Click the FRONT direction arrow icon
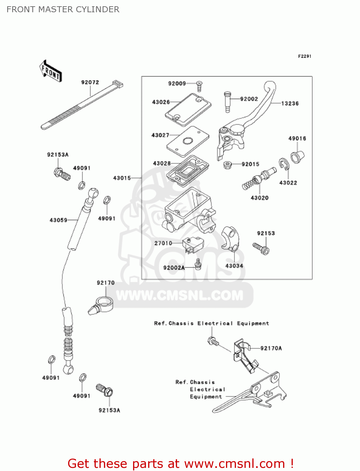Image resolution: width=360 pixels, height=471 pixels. point(51,71)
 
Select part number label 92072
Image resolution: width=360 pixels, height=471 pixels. point(90,82)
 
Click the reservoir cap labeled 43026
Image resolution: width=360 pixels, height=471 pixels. point(188,109)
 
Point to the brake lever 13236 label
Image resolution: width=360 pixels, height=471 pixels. point(290,103)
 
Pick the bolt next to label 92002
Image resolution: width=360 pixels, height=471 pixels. point(228,101)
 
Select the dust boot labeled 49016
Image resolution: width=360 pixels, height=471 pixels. point(297,156)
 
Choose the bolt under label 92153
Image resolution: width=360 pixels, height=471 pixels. point(261,249)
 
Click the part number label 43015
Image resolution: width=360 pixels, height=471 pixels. point(122,178)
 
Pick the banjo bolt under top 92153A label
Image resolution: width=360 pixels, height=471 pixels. point(62,174)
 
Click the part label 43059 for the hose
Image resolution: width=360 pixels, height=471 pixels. point(58,220)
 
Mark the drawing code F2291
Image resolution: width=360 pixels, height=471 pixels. point(304,56)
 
